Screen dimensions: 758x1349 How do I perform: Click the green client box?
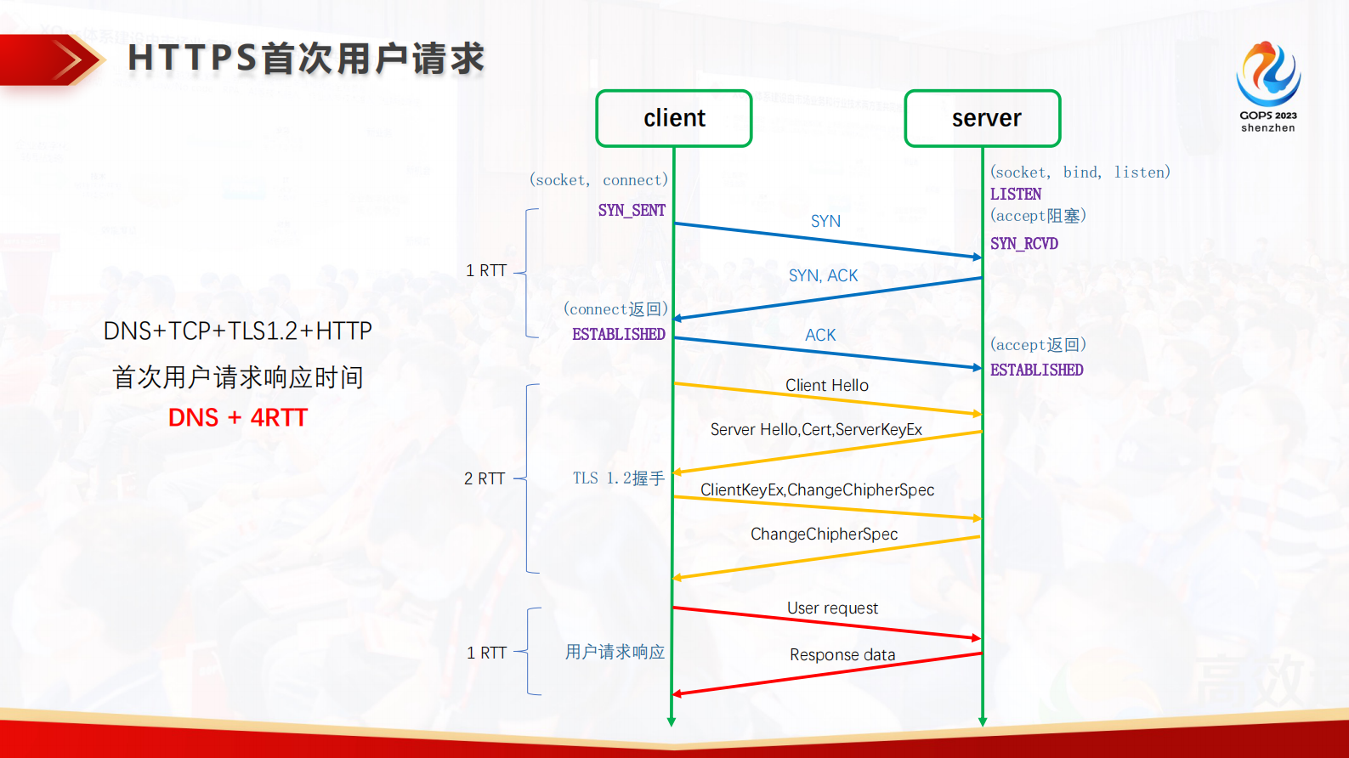point(674,118)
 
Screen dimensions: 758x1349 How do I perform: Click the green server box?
point(983,118)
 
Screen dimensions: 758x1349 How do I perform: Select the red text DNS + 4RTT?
point(237,417)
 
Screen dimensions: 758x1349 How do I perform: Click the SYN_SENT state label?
point(631,210)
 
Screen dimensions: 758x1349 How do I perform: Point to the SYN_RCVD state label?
point(1023,244)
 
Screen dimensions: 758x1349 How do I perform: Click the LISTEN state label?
point(1015,194)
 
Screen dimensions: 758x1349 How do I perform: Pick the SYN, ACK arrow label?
point(823,275)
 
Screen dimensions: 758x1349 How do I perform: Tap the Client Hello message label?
point(826,385)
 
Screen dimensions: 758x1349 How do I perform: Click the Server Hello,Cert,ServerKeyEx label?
point(816,429)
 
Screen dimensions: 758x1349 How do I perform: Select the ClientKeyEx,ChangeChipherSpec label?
point(817,489)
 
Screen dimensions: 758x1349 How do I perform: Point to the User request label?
point(832,608)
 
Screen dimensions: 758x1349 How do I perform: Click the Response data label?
point(842,654)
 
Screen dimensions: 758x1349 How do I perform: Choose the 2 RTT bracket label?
point(485,478)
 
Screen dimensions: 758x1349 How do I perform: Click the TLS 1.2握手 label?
point(618,478)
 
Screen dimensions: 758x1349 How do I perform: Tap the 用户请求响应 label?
point(615,652)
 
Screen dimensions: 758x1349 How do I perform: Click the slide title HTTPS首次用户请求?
point(305,59)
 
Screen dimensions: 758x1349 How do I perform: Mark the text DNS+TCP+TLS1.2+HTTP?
point(237,331)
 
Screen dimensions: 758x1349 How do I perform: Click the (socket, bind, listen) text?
point(1080,173)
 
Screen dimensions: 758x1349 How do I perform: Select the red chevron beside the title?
point(68,60)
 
